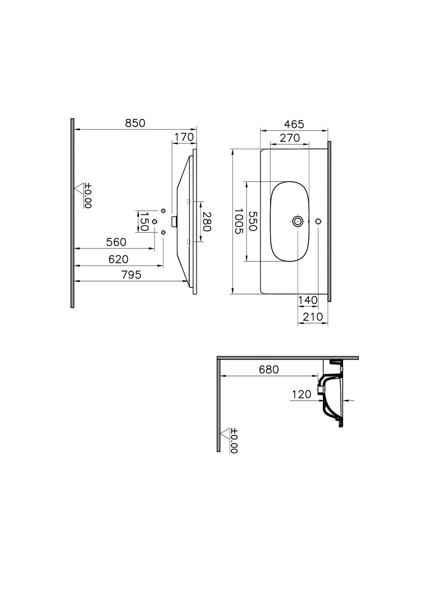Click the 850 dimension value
pos(135,123)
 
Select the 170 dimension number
pos(184,137)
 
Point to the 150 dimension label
pos(144,221)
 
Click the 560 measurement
pos(116,242)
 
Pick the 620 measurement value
pos(118,259)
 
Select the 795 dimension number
pos(131,274)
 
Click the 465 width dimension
pos(294,124)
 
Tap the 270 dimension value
pos(290,137)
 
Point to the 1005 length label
pos(238,221)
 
